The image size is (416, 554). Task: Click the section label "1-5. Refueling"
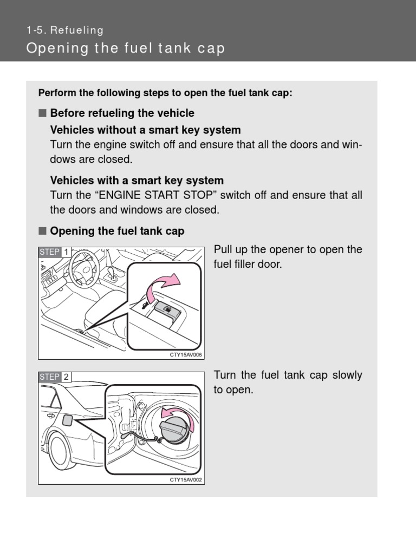(64, 31)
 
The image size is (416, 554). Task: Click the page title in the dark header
(125, 49)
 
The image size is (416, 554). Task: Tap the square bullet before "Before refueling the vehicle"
(42, 113)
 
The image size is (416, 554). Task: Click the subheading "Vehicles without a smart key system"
(145, 130)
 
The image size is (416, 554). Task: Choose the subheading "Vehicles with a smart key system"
(136, 180)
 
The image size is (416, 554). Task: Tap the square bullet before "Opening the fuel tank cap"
(42, 231)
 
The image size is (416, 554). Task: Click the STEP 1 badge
(54, 252)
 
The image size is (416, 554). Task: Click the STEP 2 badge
(54, 377)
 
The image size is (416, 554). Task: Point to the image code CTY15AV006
(186, 355)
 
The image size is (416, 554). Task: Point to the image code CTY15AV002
(186, 479)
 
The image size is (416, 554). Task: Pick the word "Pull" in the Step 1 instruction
(223, 250)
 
